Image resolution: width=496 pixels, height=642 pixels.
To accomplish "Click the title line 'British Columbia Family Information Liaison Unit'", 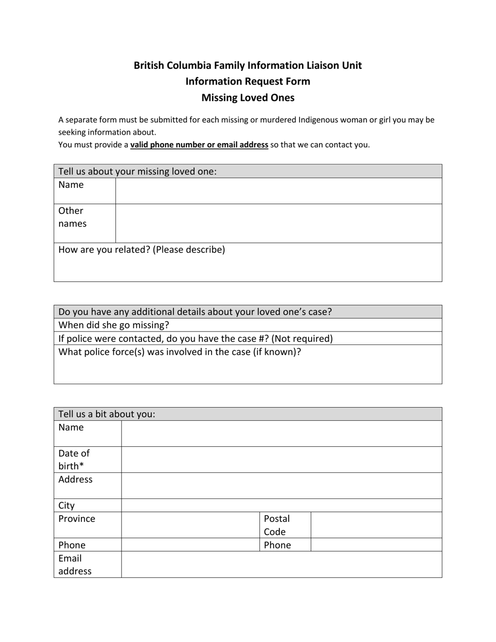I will (247, 65).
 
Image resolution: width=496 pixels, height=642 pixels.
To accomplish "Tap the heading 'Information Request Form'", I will (247, 81).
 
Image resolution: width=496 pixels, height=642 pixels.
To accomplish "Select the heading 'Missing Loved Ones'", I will (247, 98).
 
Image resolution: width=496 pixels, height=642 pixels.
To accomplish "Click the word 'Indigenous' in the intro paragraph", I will (318, 120).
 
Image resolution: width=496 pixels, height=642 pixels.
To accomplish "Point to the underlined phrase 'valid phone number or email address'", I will (199, 145).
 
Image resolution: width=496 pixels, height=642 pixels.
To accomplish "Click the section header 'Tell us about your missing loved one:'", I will (137, 171).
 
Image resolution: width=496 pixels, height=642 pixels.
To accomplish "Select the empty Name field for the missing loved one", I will (278, 191).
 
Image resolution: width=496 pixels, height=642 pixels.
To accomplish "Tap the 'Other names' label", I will (73, 217).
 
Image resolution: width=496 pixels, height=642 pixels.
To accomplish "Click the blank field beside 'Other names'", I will (278, 223).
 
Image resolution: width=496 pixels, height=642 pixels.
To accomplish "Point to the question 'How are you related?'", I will (141, 249).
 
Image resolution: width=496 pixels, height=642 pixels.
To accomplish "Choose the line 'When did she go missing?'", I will (114, 325).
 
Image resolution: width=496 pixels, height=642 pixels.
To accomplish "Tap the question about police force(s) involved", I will (180, 352).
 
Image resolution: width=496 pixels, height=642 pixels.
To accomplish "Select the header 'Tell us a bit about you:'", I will (107, 414).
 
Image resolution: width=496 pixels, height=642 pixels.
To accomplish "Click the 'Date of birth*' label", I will (74, 459).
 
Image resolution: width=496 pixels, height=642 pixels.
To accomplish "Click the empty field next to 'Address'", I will (281, 485).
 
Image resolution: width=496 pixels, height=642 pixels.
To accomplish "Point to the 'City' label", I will (66, 506).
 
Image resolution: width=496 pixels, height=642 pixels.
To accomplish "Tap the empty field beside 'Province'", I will (190, 525).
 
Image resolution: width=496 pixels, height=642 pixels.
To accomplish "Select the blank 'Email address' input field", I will (281, 564).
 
